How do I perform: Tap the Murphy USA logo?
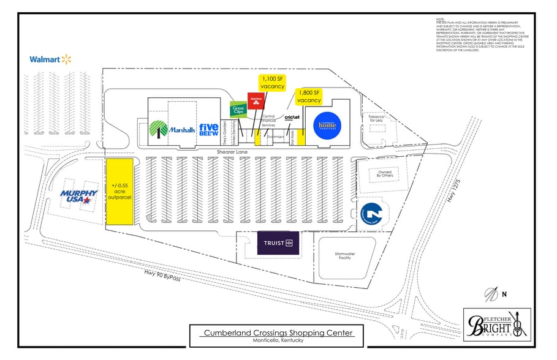click(78, 197)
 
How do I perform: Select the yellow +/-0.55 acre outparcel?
click(120, 192)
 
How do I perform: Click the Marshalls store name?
click(182, 130)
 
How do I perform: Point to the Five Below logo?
click(209, 129)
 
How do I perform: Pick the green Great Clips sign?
click(238, 110)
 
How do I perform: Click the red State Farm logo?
click(255, 101)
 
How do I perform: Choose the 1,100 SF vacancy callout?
click(273, 83)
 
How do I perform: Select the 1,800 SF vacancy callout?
click(309, 96)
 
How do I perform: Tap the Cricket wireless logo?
click(292, 117)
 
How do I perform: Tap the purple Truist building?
click(278, 243)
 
